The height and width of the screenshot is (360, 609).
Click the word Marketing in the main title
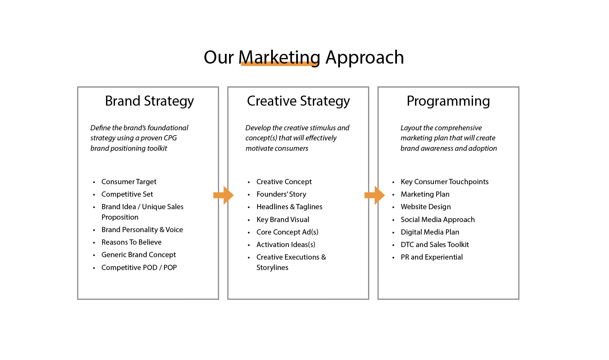click(x=279, y=57)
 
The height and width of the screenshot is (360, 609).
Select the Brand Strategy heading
click(x=149, y=101)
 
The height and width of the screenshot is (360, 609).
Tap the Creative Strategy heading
click(x=298, y=101)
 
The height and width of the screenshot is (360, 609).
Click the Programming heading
click(x=448, y=101)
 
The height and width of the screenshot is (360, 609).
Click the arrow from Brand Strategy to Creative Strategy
click(x=224, y=195)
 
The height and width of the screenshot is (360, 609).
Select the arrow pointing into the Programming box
click(x=374, y=195)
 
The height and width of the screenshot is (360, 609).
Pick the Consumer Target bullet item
click(x=129, y=182)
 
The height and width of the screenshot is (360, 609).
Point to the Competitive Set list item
click(x=127, y=194)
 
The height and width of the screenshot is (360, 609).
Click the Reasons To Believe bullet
click(x=131, y=242)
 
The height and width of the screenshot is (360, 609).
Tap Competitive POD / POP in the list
click(x=139, y=268)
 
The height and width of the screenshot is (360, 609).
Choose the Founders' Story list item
click(x=281, y=194)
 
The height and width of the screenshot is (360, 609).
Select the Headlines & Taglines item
click(x=289, y=207)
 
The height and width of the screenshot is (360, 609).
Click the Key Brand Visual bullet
click(x=283, y=220)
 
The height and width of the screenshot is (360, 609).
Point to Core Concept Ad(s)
click(x=287, y=232)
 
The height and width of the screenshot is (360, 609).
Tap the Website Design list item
click(x=425, y=207)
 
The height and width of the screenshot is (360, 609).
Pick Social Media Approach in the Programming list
click(x=438, y=220)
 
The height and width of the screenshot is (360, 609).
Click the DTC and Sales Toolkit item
click(x=435, y=245)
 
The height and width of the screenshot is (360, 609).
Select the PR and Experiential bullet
click(x=431, y=257)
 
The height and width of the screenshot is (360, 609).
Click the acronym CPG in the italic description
click(x=170, y=138)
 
